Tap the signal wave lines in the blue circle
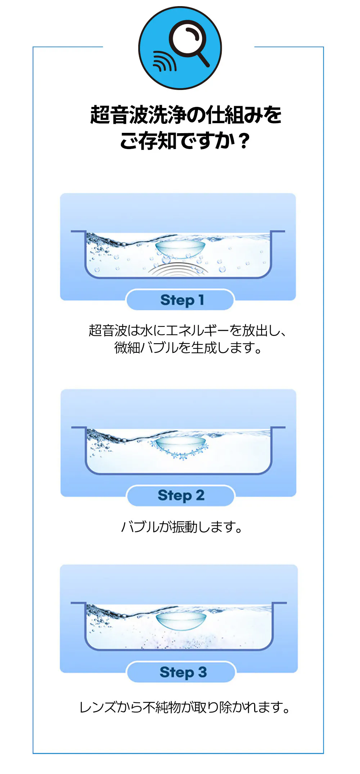164,61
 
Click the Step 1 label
182,300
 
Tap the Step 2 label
181,495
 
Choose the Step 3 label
183,672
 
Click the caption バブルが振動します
182,527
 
